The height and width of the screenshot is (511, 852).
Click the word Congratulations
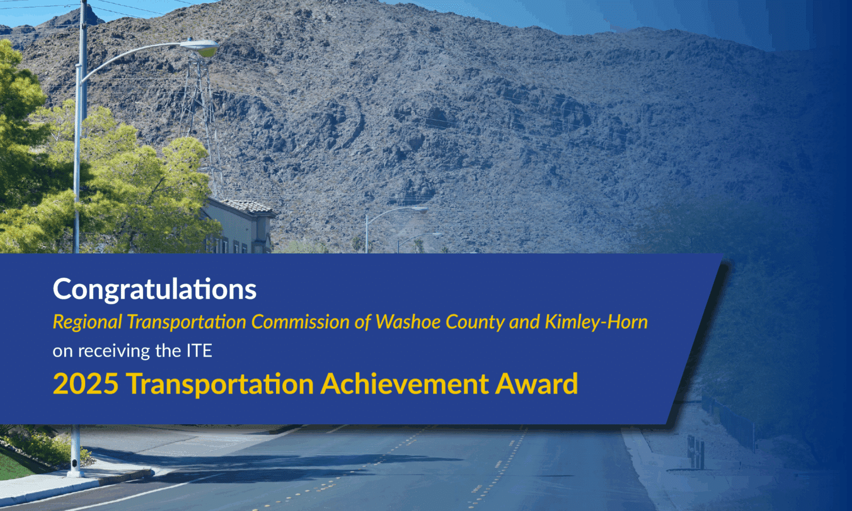coord(154,290)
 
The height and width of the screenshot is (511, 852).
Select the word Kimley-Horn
coord(596,322)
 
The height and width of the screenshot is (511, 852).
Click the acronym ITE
coord(199,350)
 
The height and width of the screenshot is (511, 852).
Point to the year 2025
coord(86,384)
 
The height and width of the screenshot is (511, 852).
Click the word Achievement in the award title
coord(404,384)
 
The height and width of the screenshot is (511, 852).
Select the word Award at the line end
coord(537,384)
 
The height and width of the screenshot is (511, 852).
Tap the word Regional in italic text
coord(87,322)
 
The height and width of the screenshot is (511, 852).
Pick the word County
coord(475,322)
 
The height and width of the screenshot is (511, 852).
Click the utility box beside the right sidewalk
coord(696,452)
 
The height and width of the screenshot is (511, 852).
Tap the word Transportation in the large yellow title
coord(220,384)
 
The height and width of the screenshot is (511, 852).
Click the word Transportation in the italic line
coord(187,322)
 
